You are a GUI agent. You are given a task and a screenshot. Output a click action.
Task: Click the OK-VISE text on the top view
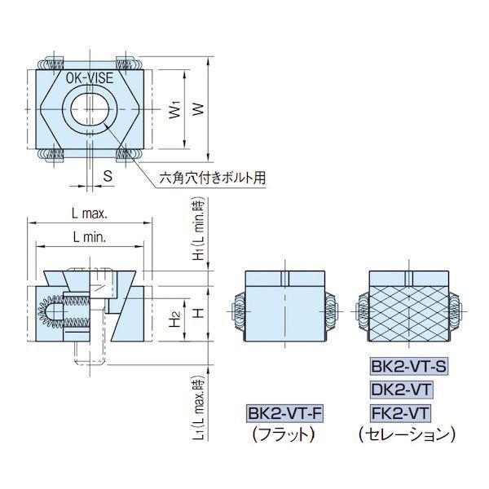[x=90, y=77]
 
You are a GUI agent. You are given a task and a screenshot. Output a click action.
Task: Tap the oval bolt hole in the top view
[x=90, y=109]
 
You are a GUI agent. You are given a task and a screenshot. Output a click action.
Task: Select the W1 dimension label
[x=175, y=110]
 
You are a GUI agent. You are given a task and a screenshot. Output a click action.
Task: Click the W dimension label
[x=198, y=109]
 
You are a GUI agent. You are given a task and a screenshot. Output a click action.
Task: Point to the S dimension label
[x=108, y=176]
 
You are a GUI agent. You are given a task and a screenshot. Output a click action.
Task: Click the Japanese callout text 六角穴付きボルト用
[x=213, y=178]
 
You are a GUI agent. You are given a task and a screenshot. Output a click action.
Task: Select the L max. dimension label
[x=90, y=214]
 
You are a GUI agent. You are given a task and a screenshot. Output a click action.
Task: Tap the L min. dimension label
[x=90, y=238]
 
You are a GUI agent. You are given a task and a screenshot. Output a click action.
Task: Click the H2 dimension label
[x=176, y=319]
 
